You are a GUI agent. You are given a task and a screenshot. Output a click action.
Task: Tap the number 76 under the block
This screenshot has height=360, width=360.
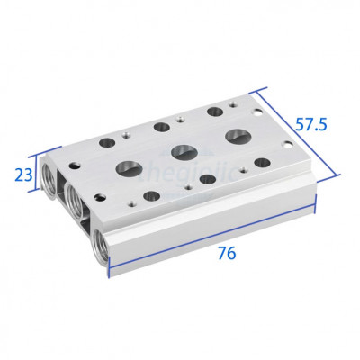tap(226, 254)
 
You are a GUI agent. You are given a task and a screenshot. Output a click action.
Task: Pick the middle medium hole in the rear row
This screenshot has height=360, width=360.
tap(165, 127)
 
